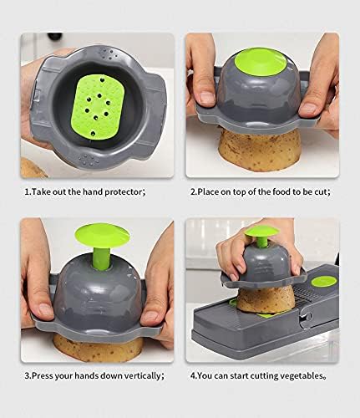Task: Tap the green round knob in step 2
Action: [x=262, y=65]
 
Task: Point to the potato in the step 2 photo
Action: [x=261, y=151]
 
